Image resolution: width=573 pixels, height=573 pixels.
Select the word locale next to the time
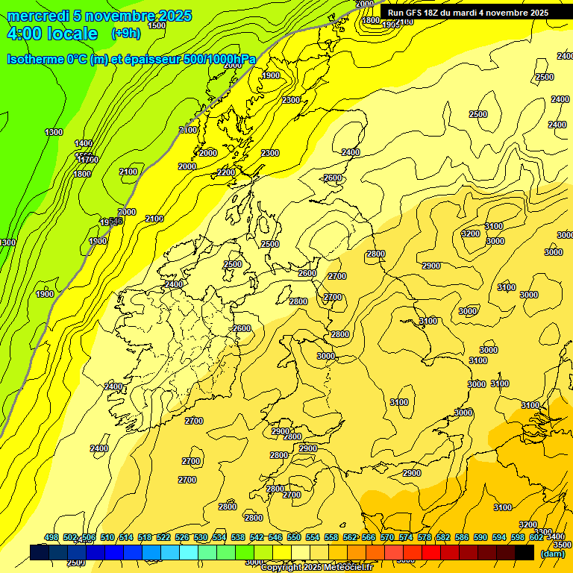(x=71, y=34)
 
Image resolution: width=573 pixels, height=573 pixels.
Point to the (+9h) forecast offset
(x=125, y=33)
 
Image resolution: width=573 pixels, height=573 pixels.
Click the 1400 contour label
(x=84, y=143)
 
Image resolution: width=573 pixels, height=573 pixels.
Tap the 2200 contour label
(x=226, y=172)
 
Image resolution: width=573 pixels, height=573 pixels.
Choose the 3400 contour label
(x=555, y=536)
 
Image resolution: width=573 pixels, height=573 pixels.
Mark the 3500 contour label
(x=563, y=545)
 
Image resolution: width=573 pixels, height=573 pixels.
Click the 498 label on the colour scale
(x=51, y=537)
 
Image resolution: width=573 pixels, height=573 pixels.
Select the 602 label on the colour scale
(x=536, y=537)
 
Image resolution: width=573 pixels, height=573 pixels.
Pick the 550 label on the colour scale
(x=294, y=537)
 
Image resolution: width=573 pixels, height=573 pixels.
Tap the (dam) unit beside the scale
(x=552, y=554)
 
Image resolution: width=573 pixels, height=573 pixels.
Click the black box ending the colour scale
(x=525, y=552)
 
